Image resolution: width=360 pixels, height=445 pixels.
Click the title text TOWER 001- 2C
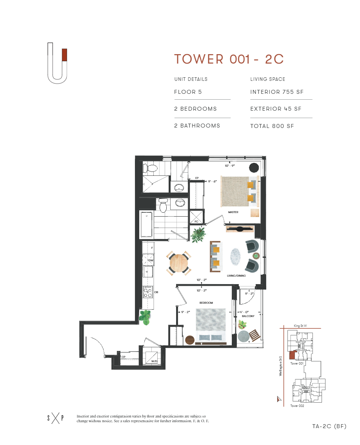pyautogui.click(x=229, y=59)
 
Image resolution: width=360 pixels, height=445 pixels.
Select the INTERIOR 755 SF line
pyautogui.click(x=277, y=92)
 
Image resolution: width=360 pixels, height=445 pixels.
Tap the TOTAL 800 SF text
pyautogui.click(x=272, y=126)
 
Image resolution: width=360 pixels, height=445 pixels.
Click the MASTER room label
pyautogui.click(x=233, y=212)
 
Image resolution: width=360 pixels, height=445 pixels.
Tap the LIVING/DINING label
pyautogui.click(x=236, y=275)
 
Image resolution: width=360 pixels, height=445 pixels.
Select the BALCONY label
pyautogui.click(x=248, y=316)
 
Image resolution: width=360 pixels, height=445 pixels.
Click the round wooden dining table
pyautogui.click(x=179, y=263)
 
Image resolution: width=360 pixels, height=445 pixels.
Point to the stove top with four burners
pyautogui.click(x=148, y=292)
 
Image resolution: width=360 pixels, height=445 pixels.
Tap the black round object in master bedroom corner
pyautogui.click(x=254, y=167)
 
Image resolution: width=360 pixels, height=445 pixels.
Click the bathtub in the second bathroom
pyautogui.click(x=146, y=224)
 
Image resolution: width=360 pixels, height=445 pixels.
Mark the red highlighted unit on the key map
pyautogui.click(x=291, y=355)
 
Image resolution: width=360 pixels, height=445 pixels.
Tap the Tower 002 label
pyautogui.click(x=297, y=406)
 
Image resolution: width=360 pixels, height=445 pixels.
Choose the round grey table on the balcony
pyautogui.click(x=243, y=336)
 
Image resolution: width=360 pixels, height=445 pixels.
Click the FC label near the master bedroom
pyautogui.click(x=196, y=221)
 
